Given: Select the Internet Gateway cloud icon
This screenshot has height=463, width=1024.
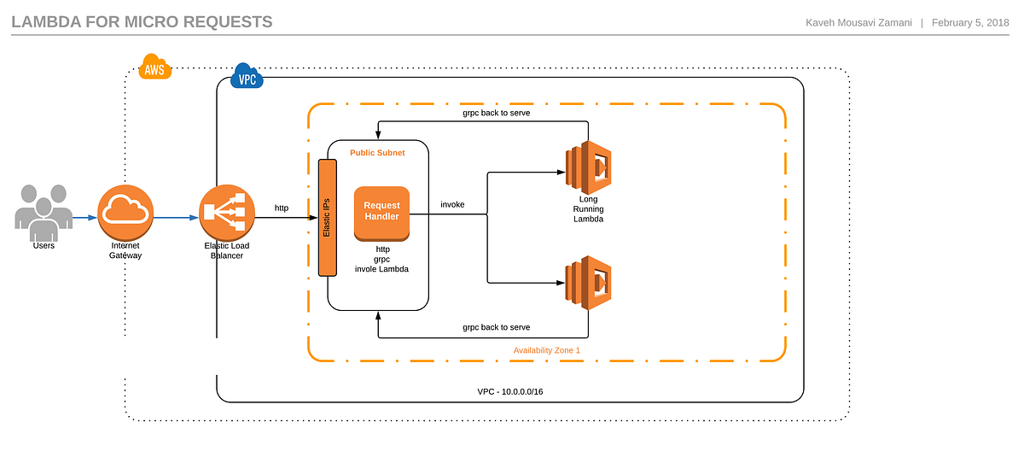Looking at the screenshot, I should tap(125, 213).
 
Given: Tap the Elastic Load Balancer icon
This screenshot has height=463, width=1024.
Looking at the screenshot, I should tap(227, 214).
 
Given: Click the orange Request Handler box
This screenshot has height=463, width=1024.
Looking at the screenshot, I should tap(381, 212).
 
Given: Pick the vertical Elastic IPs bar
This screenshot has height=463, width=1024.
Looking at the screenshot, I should tap(327, 218).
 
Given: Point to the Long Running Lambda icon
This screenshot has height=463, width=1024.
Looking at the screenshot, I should tap(588, 166).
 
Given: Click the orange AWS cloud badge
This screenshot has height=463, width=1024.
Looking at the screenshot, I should tap(154, 69).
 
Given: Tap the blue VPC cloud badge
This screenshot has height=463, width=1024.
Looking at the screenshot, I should tap(247, 79).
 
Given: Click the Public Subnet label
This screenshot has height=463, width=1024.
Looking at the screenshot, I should tap(377, 153).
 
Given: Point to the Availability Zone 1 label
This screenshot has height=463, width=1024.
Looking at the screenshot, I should tap(546, 350).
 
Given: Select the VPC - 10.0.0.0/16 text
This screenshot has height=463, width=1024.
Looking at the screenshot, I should tap(510, 391).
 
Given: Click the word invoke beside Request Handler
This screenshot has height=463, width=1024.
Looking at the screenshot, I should tap(452, 205).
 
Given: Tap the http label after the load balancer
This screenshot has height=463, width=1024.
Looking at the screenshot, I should tap(282, 208).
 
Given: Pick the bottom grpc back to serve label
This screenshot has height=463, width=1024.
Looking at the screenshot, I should tap(497, 327).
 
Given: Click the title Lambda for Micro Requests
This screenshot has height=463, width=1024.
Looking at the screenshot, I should tap(142, 21).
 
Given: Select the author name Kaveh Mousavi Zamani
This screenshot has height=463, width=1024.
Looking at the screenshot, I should tap(858, 22).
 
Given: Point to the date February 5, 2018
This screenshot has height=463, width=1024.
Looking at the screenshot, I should tap(970, 22).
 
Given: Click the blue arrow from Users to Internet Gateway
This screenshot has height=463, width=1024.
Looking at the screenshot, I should tap(84, 217).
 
